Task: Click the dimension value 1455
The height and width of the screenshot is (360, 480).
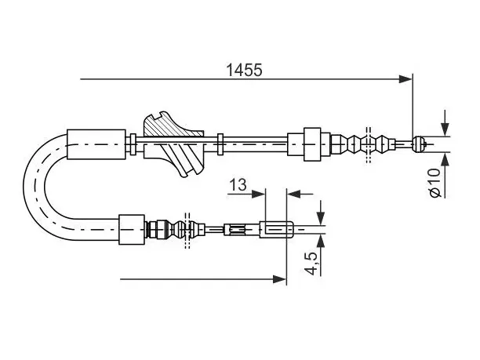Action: (244, 70)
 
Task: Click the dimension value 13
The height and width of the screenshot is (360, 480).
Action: (238, 184)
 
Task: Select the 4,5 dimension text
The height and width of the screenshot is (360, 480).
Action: (311, 264)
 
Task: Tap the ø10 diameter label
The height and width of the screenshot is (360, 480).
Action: (435, 183)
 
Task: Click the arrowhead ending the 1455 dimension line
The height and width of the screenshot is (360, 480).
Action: (406, 79)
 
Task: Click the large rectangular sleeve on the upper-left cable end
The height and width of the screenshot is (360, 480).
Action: (96, 144)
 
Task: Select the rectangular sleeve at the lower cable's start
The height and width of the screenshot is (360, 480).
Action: (132, 229)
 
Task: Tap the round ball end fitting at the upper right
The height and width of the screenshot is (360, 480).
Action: (418, 144)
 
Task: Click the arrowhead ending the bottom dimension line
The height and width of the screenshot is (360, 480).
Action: (280, 279)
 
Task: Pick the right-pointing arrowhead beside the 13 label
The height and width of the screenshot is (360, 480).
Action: (259, 194)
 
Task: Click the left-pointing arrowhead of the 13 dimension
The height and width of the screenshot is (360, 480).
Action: (294, 194)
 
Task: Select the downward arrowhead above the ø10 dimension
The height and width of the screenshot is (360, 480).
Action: (445, 129)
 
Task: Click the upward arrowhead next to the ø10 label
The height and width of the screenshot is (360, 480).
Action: (445, 159)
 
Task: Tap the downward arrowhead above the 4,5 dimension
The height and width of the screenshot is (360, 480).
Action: (321, 218)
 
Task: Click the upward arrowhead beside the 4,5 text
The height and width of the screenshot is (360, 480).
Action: (321, 242)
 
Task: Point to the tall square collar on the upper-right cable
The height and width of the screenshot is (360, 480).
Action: (312, 144)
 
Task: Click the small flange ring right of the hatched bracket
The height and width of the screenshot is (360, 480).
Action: (220, 144)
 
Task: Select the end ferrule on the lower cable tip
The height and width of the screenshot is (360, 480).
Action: (277, 229)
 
